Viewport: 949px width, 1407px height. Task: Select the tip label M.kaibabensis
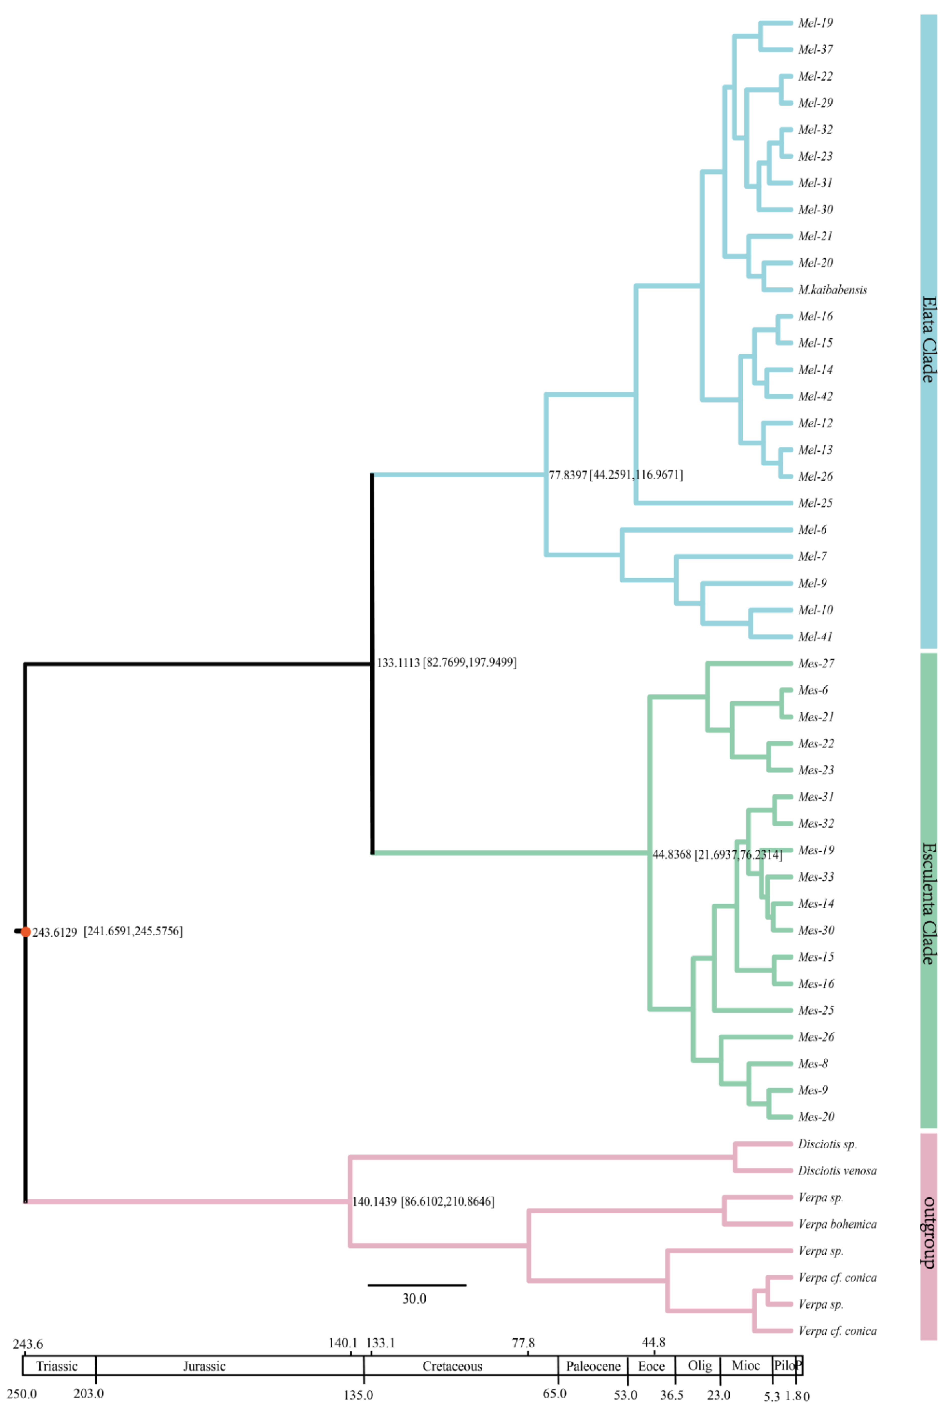[832, 290]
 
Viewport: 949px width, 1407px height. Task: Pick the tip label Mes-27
[816, 664]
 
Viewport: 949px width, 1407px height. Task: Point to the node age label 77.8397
[568, 475]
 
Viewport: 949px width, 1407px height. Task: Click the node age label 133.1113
[398, 663]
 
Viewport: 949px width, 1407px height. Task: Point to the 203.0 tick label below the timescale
[88, 1394]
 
